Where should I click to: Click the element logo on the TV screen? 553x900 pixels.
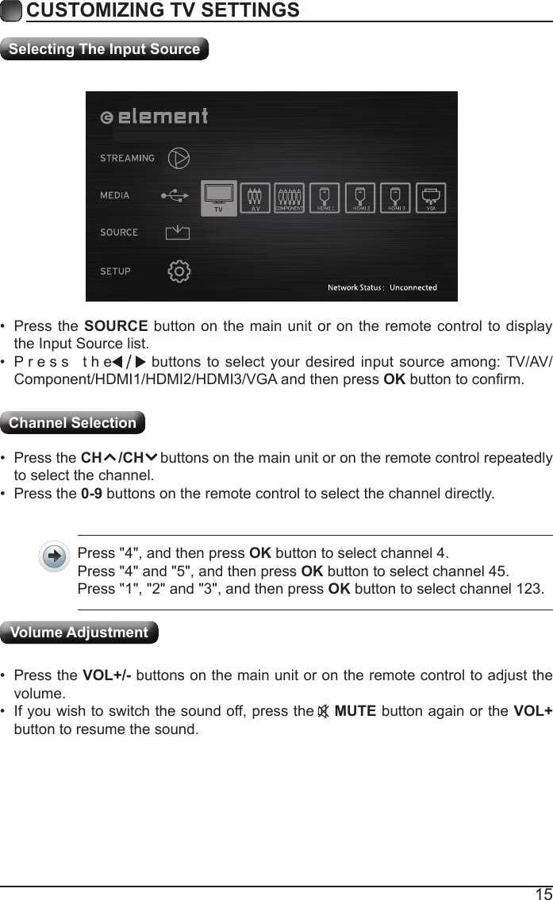pyautogui.click(x=155, y=117)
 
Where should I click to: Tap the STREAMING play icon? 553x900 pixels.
pyautogui.click(x=180, y=158)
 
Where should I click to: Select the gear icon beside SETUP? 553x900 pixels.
pyautogui.click(x=179, y=271)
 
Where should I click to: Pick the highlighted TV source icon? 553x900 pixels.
pyautogui.click(x=219, y=198)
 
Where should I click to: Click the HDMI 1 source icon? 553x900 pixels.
pyautogui.click(x=325, y=197)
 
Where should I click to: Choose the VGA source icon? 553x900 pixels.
pyautogui.click(x=431, y=197)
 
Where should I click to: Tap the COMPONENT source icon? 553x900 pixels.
pyautogui.click(x=290, y=197)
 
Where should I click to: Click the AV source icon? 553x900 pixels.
pyautogui.click(x=255, y=197)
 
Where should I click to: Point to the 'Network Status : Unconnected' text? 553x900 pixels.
pyautogui.click(x=382, y=287)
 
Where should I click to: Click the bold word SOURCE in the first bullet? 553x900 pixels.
pyautogui.click(x=115, y=328)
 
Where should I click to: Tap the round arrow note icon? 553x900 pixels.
pyautogui.click(x=54, y=556)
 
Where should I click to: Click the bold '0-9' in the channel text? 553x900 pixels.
pyautogui.click(x=91, y=494)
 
